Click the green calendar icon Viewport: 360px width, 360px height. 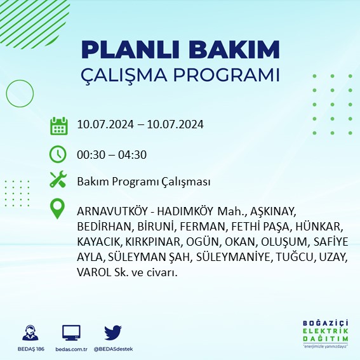pyautogui.click(x=58, y=125)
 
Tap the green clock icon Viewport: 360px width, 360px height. pyautogui.click(x=58, y=154)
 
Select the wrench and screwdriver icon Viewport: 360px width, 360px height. pyautogui.click(x=58, y=180)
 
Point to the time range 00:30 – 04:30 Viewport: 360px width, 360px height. pyautogui.click(x=112, y=154)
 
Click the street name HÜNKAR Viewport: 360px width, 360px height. pyautogui.click(x=323, y=227)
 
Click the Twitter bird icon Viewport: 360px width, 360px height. pyautogui.click(x=113, y=332)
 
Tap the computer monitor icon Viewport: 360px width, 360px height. pyautogui.click(x=71, y=332)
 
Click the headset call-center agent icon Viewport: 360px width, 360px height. pyautogui.click(x=29, y=332)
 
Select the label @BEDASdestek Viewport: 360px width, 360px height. pyautogui.click(x=113, y=349)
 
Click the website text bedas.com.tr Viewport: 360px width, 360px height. pyautogui.click(x=71, y=349)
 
